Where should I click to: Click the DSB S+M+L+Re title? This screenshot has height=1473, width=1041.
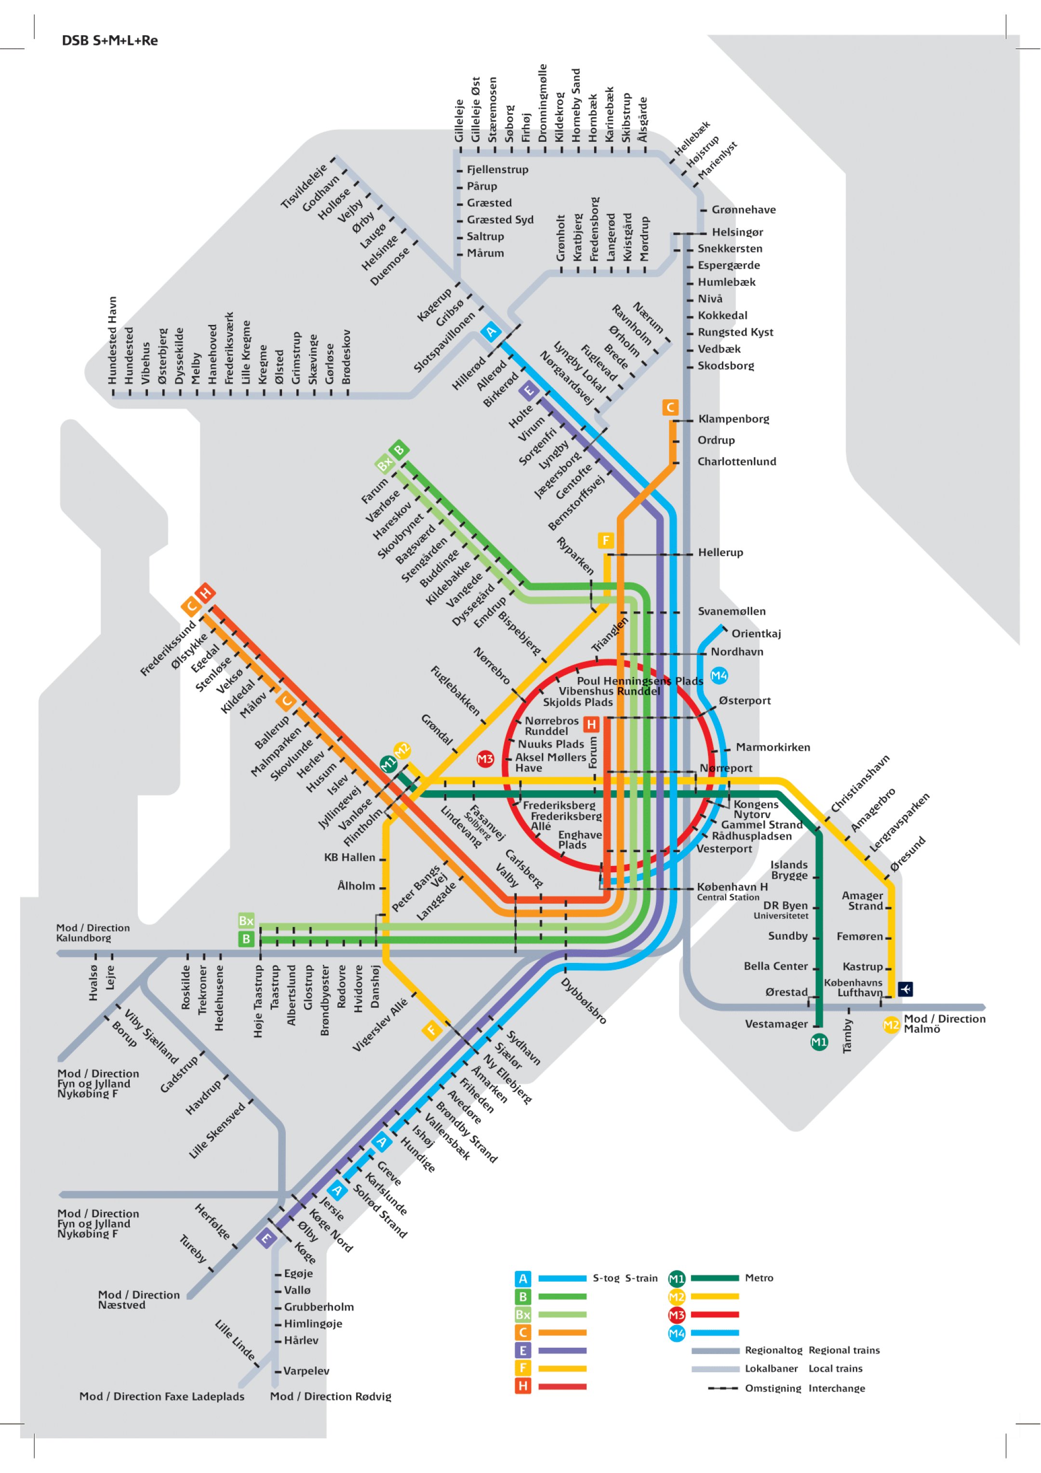(x=110, y=41)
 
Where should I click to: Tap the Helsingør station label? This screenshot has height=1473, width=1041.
(x=737, y=232)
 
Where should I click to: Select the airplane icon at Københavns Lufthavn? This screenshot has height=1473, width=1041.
(x=905, y=989)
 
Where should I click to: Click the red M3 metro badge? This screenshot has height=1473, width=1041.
(x=485, y=759)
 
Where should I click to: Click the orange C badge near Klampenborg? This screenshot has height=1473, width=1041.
(x=670, y=407)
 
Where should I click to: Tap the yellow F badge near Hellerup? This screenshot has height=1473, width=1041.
(x=605, y=540)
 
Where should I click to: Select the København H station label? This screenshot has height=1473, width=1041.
(x=732, y=887)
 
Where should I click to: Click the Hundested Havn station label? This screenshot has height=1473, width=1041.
(x=113, y=340)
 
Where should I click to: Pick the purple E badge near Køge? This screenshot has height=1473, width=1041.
(x=266, y=1238)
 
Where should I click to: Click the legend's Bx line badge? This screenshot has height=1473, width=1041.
(x=523, y=1314)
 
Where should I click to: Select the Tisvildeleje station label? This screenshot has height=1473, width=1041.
(x=304, y=186)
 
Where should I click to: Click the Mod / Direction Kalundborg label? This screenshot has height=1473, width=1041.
(x=93, y=933)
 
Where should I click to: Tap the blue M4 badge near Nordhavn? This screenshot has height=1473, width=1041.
(x=719, y=676)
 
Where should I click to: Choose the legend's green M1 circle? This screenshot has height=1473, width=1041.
(x=677, y=1279)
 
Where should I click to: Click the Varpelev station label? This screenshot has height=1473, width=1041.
(x=306, y=1370)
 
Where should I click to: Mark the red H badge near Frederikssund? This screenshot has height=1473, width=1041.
(x=205, y=592)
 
